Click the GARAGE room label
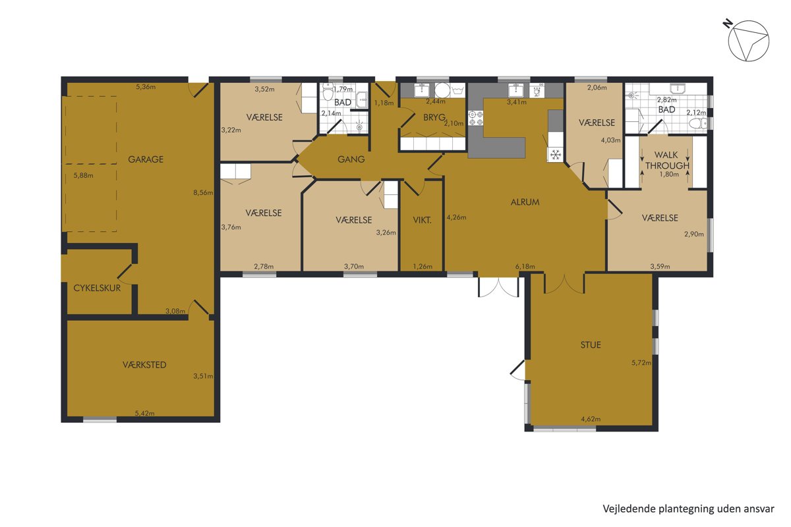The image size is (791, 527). (146, 159)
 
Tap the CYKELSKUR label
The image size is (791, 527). (97, 288)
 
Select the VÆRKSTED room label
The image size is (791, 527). (144, 365)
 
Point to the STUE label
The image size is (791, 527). (591, 345)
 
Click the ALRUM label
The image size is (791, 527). (525, 202)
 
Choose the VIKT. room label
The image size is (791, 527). (422, 220)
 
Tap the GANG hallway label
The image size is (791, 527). (351, 159)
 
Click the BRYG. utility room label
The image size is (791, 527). (434, 117)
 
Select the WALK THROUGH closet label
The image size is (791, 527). (667, 160)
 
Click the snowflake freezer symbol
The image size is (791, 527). (556, 155)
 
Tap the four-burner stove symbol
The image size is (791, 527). (475, 118)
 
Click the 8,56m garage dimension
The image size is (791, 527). (203, 193)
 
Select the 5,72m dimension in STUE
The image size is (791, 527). (641, 362)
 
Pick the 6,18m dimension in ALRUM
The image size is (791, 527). (525, 267)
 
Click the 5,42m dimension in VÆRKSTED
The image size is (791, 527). (145, 413)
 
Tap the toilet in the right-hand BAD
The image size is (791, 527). (698, 123)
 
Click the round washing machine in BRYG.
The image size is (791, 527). (442, 90)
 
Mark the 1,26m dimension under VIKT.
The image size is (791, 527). (423, 267)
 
